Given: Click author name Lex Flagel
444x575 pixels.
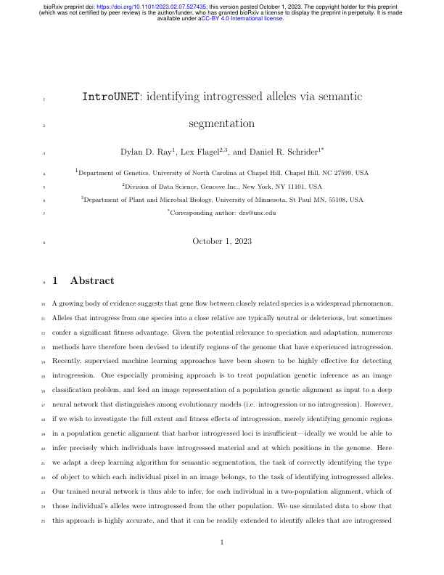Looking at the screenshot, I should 209,152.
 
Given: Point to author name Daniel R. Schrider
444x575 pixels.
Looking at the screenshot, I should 283,152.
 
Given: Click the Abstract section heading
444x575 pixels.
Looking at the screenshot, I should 92,280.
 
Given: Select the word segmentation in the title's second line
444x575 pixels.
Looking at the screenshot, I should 221,123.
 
